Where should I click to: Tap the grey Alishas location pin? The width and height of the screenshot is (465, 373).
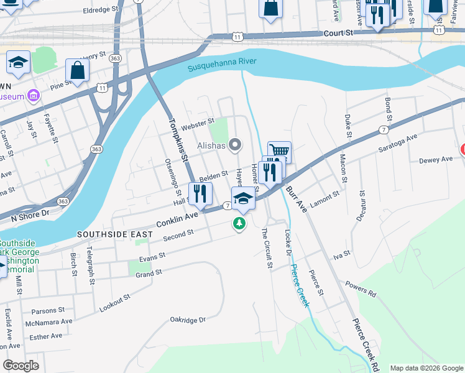(x=235, y=145)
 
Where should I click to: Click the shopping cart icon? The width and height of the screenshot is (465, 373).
(x=280, y=151)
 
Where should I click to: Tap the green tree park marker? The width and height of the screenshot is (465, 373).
(x=239, y=224)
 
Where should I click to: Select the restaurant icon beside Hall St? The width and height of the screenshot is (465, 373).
(x=200, y=193)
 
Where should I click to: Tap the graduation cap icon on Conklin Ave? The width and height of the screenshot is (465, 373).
(x=243, y=199)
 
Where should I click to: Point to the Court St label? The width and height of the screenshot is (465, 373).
(x=337, y=32)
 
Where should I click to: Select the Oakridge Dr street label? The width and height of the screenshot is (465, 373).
(x=187, y=320)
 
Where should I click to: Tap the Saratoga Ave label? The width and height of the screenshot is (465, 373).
(x=398, y=143)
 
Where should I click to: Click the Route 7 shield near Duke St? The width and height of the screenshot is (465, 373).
(x=384, y=129)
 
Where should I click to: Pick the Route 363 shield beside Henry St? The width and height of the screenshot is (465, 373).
(x=114, y=58)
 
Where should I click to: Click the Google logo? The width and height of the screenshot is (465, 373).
(x=21, y=365)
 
